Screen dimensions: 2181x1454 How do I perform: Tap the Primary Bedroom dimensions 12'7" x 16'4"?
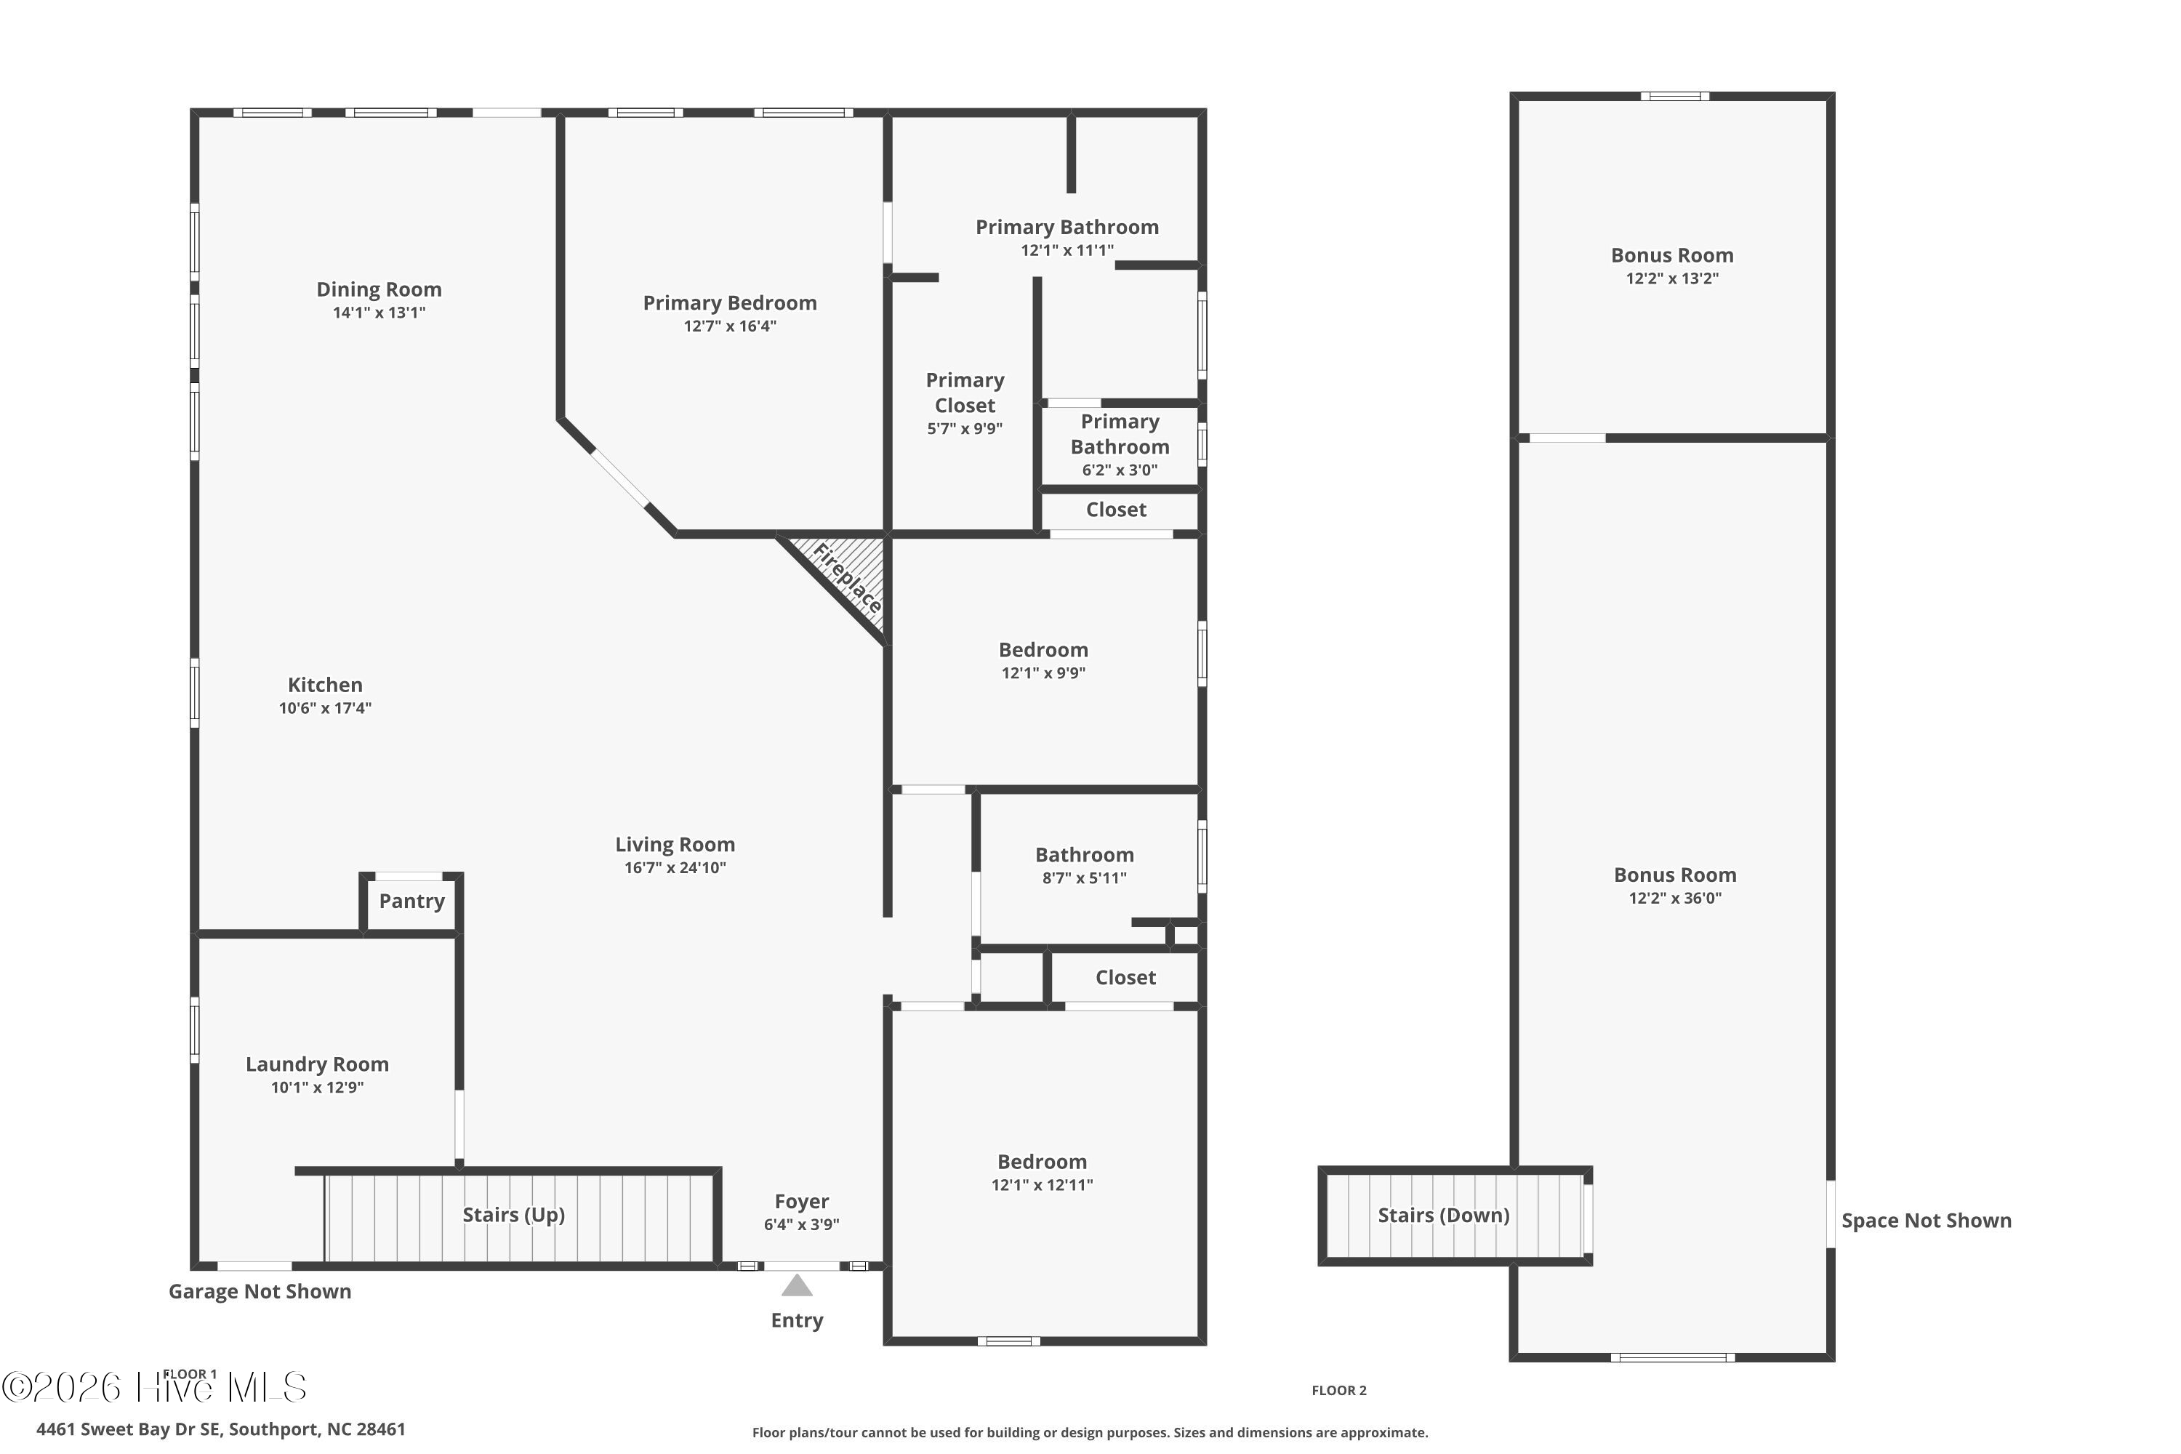730,326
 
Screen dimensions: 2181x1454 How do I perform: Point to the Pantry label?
411,901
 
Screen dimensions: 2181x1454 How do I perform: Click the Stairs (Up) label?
514,1215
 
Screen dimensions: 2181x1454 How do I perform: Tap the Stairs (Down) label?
1443,1215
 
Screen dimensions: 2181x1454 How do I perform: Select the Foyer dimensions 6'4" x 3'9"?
801,1224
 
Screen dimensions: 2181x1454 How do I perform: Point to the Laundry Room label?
317,1064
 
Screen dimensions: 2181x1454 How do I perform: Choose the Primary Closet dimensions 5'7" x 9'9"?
965,428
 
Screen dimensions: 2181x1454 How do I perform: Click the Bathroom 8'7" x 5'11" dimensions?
1084,877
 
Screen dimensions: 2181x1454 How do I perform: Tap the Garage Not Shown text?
260,1291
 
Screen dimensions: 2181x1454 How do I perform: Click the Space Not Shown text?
1926,1221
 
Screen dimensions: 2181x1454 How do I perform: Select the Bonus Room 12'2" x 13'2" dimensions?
1672,278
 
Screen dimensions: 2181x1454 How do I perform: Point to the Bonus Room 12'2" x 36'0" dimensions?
1675,898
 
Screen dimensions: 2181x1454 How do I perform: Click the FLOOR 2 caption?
1339,1390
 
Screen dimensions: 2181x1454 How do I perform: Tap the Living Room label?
675,845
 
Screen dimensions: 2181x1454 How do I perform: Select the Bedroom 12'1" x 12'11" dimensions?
1043,1184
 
